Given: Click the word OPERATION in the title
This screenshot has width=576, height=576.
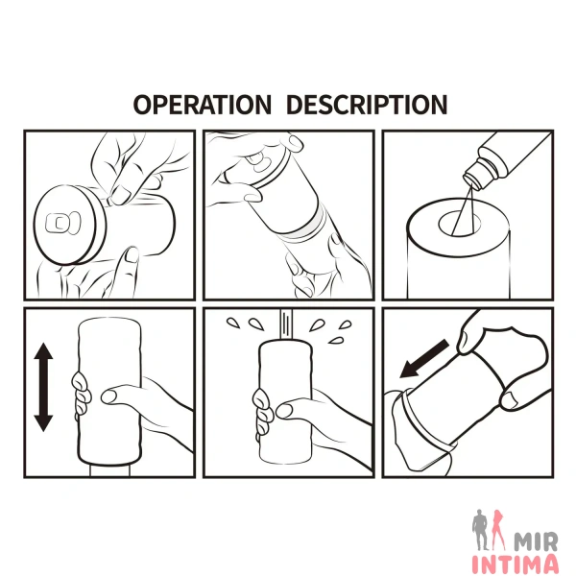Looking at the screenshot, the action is (x=202, y=105).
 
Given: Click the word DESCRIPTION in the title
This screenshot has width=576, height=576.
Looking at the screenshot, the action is (x=367, y=105).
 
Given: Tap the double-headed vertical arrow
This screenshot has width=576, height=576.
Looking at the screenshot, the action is (x=43, y=387).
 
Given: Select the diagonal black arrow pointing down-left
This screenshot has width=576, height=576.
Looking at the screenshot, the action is (x=424, y=358).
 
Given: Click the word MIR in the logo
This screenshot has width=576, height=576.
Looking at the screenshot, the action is (x=536, y=541).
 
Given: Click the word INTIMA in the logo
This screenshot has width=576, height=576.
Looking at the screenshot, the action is (x=515, y=564).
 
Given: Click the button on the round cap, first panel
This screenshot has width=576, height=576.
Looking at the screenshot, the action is (x=62, y=223).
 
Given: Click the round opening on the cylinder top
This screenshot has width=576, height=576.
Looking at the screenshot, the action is (x=459, y=223).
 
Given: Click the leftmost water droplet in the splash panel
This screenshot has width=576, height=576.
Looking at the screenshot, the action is (x=233, y=323).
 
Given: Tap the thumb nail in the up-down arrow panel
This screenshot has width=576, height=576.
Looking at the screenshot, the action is (x=108, y=396).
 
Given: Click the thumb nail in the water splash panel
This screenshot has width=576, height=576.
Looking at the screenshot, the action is (x=283, y=411).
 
